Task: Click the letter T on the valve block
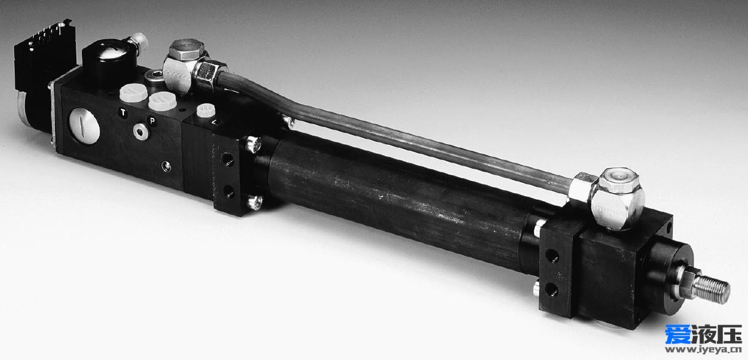tap(123, 112)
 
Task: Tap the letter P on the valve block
tap(152, 120)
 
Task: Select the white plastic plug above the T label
tap(133, 92)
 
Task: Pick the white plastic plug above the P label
tap(163, 101)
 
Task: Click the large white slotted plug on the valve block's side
tap(84, 126)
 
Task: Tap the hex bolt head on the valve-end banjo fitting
tap(186, 50)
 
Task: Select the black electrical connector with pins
tap(45, 53)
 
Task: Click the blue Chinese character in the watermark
tap(678, 334)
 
